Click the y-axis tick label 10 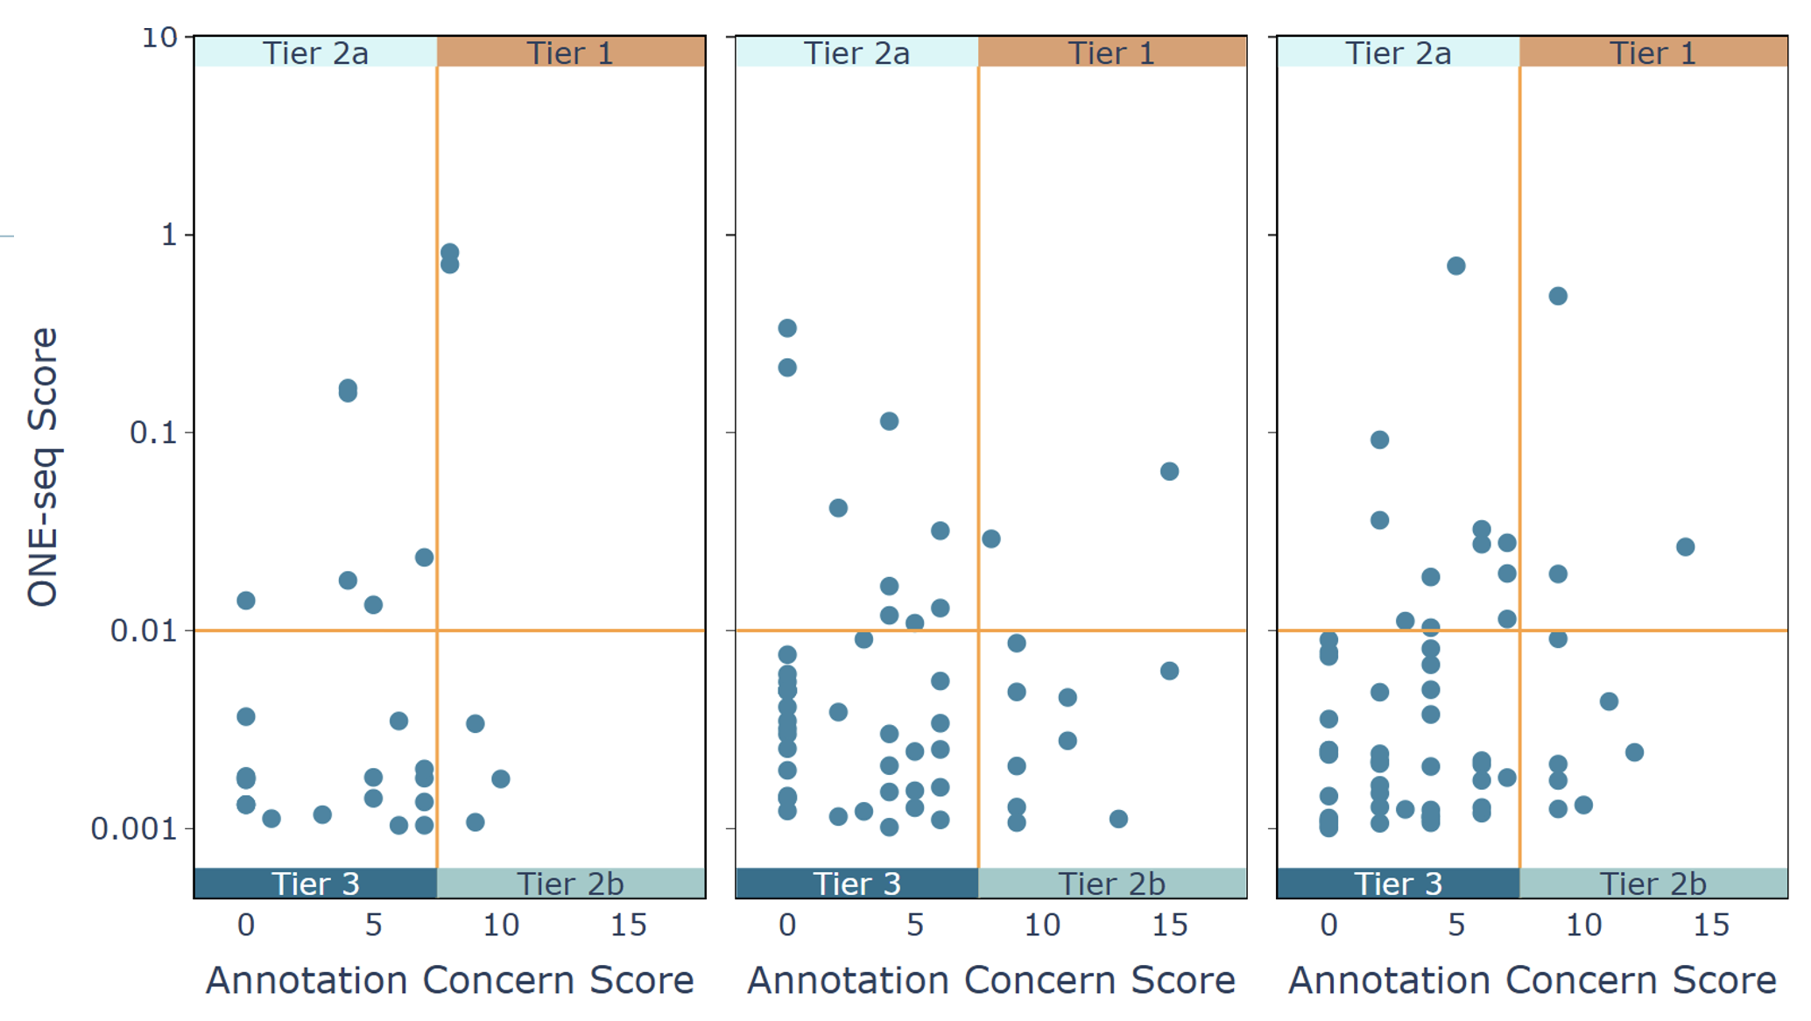[x=159, y=38]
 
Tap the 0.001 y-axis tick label [x=135, y=827]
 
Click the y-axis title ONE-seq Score [x=43, y=467]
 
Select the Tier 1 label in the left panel [x=570, y=53]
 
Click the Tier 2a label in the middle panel [x=856, y=53]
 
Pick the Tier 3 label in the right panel [x=1398, y=884]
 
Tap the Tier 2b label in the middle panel [x=1111, y=884]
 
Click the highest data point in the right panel [x=1455, y=266]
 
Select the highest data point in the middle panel [x=787, y=328]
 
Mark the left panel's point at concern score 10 [x=500, y=778]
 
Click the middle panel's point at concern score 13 [x=1118, y=819]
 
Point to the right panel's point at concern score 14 [x=1685, y=547]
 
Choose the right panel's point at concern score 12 [x=1634, y=752]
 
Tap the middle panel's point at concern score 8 [x=990, y=539]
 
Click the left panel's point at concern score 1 [x=271, y=819]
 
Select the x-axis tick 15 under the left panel [x=629, y=925]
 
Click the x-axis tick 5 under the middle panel [x=915, y=925]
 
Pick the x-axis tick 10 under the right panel [x=1583, y=925]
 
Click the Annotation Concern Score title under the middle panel [x=990, y=980]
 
